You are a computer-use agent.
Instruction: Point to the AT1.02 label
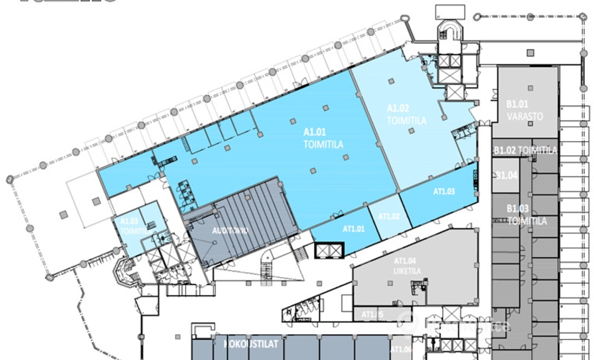click(389, 216)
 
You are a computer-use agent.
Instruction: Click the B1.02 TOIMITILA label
click(526, 150)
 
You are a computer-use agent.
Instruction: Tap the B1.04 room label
click(508, 176)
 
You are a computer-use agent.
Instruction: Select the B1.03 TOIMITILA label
click(523, 215)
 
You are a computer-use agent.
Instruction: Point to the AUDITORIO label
click(230, 231)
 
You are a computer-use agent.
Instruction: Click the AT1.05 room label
click(373, 315)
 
